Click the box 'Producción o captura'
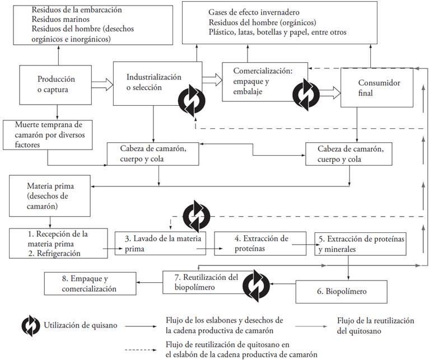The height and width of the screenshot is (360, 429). [x=56, y=85]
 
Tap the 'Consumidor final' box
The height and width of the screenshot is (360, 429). [x=380, y=88]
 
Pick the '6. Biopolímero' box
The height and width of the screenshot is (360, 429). [x=342, y=291]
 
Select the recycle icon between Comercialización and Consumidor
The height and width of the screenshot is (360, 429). [x=307, y=92]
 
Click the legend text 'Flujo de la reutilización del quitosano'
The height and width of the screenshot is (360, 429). [x=375, y=325]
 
